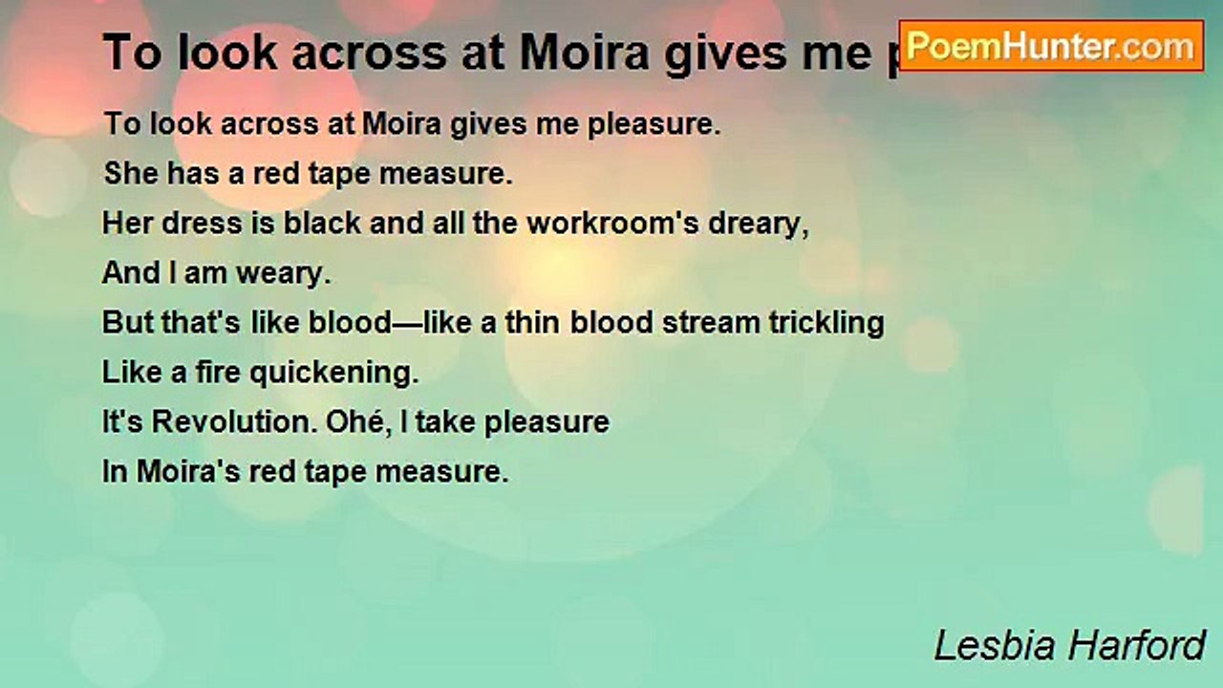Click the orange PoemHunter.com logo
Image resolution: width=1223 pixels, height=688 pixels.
tap(1051, 46)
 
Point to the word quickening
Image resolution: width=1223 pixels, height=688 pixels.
tap(334, 373)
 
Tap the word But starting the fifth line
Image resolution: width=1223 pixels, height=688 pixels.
tap(127, 323)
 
